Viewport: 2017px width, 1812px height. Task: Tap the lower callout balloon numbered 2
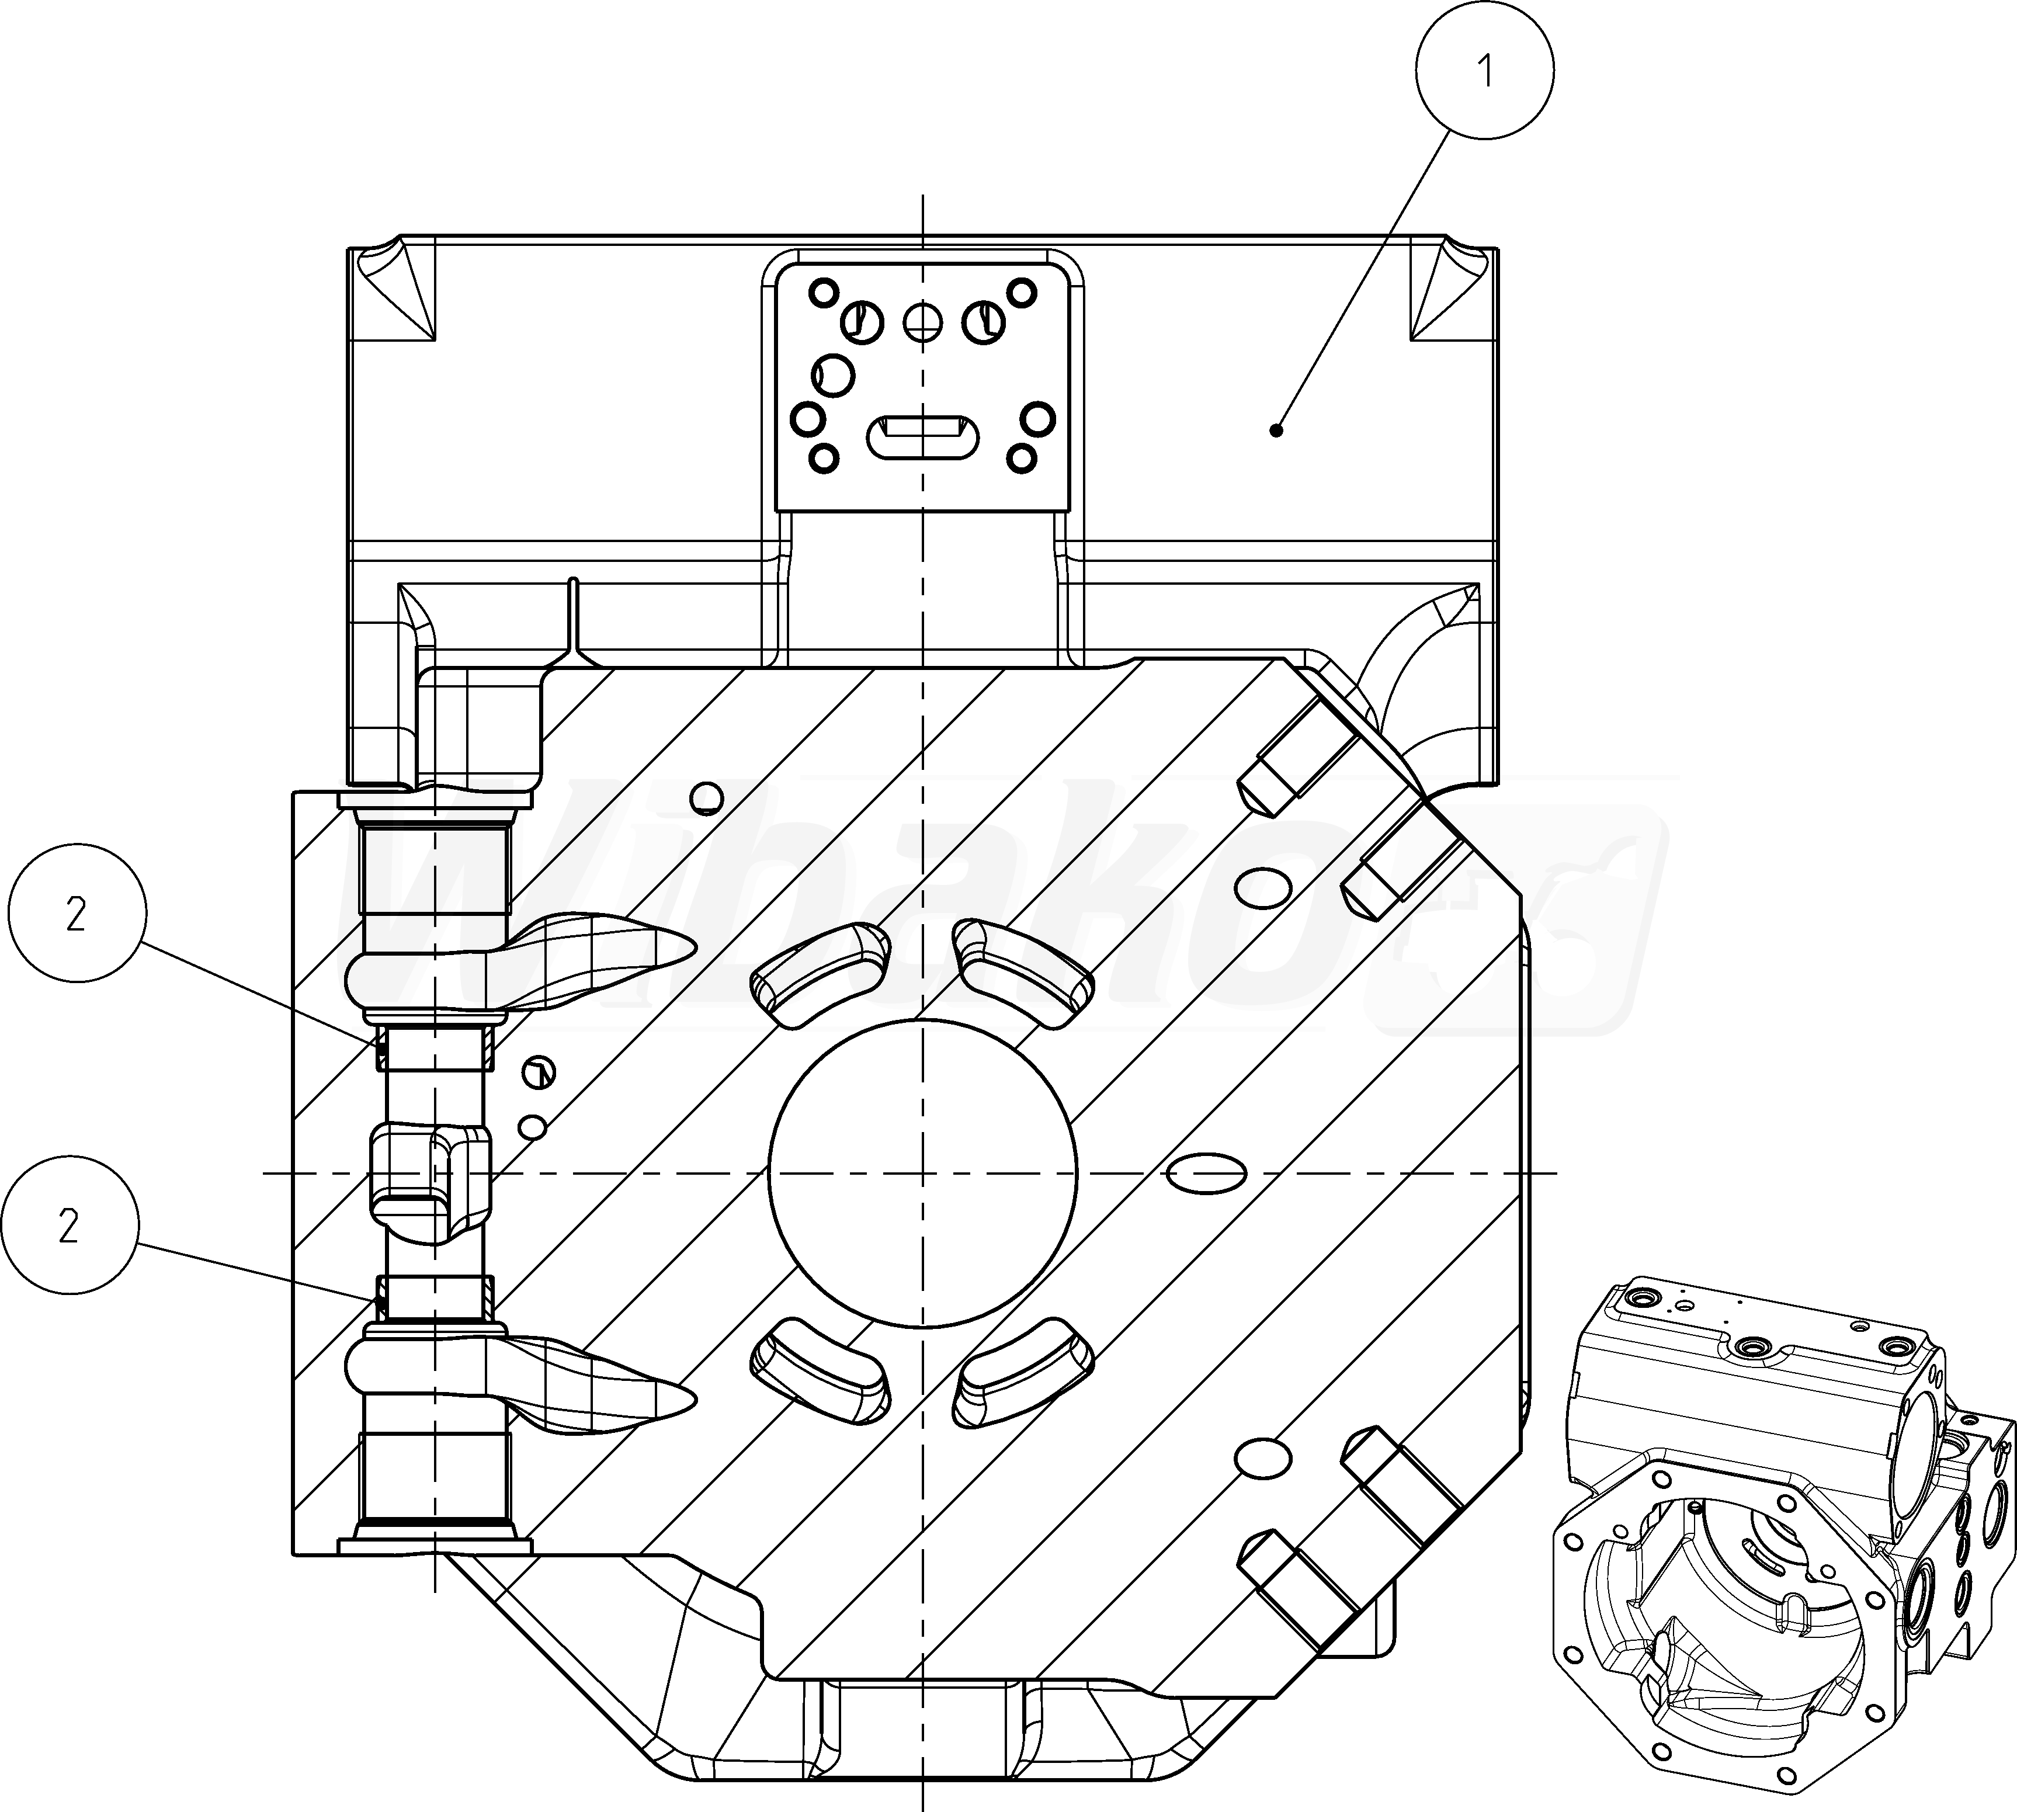69,1226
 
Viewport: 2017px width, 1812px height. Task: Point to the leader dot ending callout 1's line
1275,430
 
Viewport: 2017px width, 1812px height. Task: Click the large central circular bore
923,1173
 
